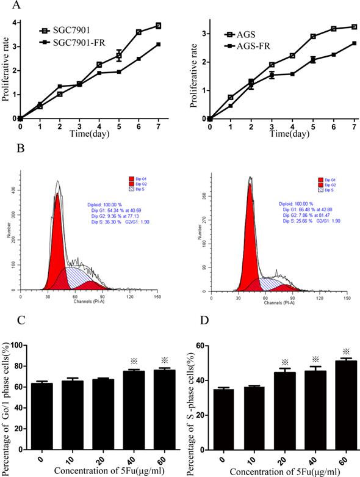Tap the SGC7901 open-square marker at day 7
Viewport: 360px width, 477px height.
pos(158,26)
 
